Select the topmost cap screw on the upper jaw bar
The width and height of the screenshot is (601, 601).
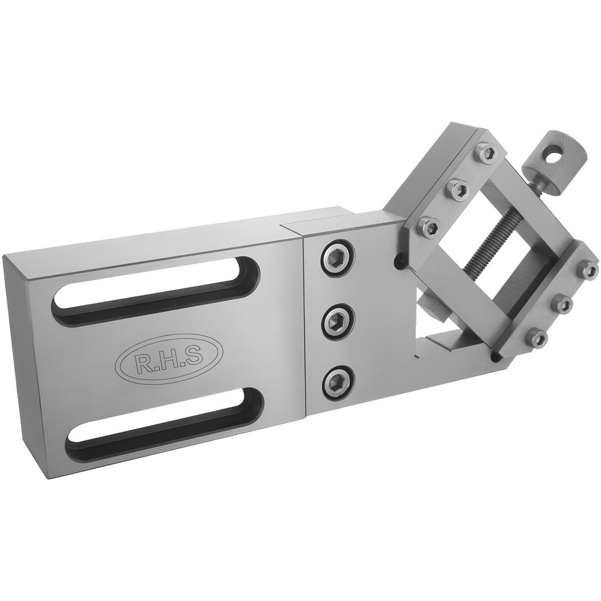point(487,151)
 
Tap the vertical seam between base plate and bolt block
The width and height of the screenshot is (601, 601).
point(305,319)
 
